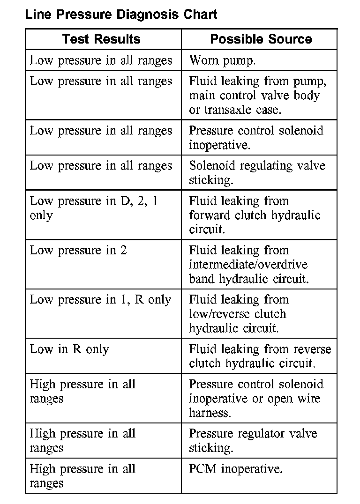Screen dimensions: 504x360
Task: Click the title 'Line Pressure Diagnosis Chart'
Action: click(x=121, y=15)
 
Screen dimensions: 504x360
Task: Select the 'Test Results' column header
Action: click(x=101, y=39)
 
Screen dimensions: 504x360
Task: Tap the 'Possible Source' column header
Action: click(x=261, y=39)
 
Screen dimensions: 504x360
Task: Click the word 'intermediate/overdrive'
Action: click(x=248, y=265)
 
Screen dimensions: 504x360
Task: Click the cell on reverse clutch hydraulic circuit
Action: click(x=260, y=356)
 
